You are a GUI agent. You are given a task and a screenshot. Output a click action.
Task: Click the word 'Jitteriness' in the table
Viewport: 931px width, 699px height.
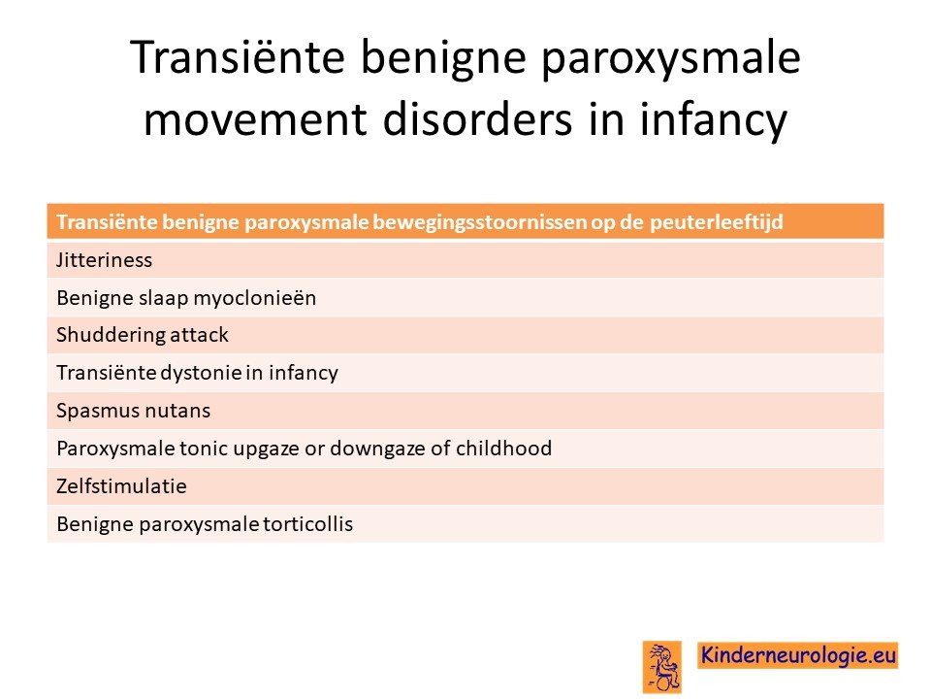[104, 260]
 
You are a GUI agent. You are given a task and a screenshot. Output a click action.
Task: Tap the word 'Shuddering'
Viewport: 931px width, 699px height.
[110, 335]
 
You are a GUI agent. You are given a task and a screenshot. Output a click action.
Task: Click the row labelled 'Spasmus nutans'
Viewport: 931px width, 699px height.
[465, 411]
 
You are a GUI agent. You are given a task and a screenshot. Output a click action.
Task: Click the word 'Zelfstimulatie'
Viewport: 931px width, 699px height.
[121, 486]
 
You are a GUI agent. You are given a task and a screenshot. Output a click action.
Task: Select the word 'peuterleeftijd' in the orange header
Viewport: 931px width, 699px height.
[716, 222]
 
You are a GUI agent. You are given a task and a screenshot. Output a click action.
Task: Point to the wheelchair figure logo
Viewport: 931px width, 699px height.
[662, 667]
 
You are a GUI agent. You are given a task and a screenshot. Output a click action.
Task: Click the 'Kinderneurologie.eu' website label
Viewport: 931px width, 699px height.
[797, 655]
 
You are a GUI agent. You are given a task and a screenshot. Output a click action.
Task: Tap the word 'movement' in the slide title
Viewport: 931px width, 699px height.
[255, 119]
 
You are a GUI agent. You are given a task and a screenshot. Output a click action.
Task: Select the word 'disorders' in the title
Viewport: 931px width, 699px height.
[478, 118]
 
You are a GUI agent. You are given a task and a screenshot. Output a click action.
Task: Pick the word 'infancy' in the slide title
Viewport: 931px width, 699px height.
[713, 120]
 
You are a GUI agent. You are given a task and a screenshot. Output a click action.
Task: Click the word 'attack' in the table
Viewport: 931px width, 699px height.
[199, 335]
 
